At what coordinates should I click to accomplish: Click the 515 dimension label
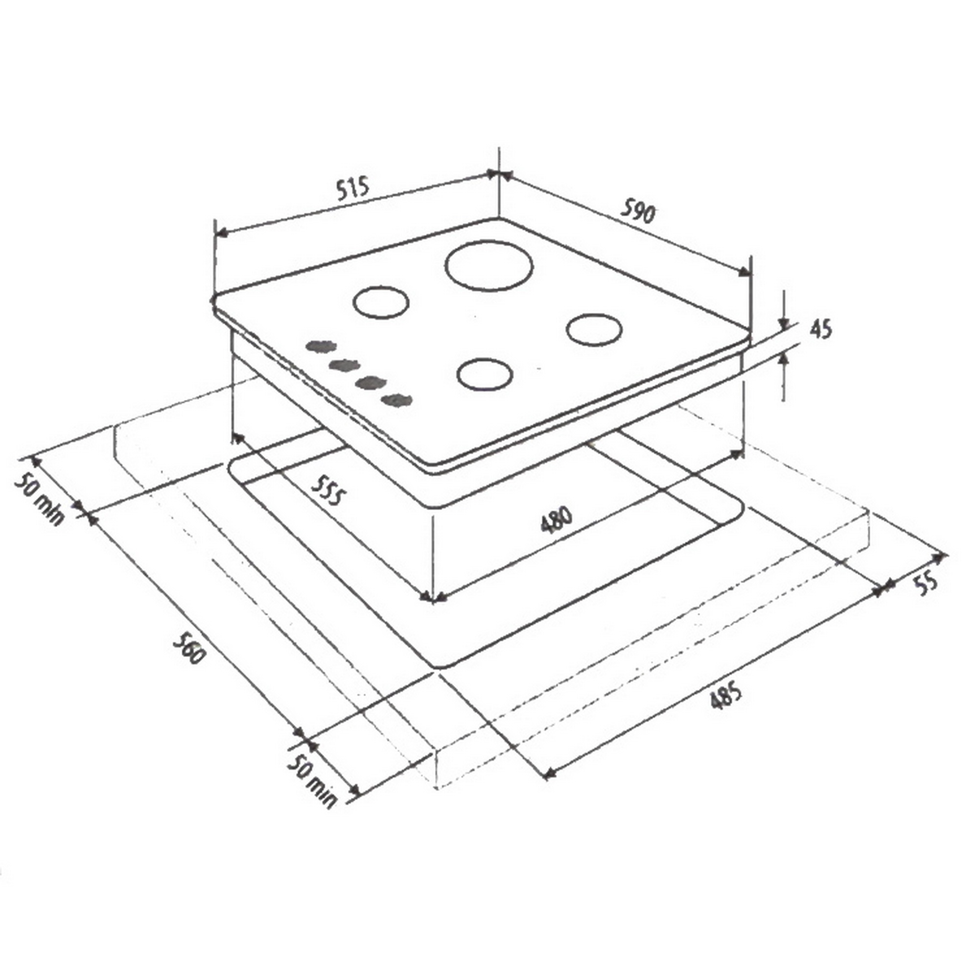354,188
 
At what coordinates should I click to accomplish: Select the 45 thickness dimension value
820,330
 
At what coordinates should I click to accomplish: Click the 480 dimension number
556,520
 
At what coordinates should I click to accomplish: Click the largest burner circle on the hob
489,265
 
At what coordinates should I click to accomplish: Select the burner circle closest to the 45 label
594,330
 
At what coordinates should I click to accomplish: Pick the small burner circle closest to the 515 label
380,303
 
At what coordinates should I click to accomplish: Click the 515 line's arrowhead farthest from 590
221,234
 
